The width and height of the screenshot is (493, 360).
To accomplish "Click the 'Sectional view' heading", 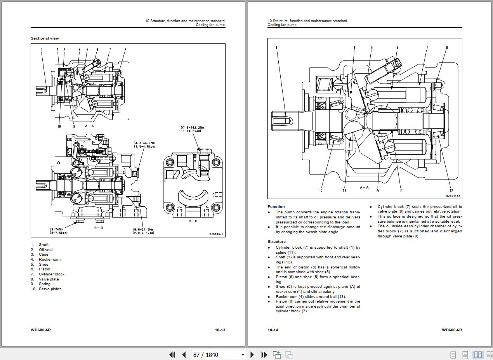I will (x=45, y=38).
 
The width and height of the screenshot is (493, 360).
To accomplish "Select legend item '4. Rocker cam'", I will (x=49, y=260).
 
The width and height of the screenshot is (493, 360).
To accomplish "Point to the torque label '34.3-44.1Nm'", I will (x=144, y=143).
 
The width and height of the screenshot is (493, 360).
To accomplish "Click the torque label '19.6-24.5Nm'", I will (x=143, y=229).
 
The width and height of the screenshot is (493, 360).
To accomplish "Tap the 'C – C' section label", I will (x=193, y=221).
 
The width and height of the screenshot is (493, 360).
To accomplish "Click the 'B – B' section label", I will (x=99, y=228).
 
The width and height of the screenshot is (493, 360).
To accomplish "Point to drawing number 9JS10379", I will (x=216, y=234).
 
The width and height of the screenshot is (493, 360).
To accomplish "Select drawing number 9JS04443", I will (x=453, y=196).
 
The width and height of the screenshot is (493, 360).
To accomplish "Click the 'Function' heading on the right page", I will (x=276, y=207).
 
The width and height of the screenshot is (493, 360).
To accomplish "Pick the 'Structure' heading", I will (x=276, y=242).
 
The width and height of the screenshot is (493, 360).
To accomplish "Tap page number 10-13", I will (x=220, y=330).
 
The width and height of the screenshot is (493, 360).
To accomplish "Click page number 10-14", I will (x=273, y=330).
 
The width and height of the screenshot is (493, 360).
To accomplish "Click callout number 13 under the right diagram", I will (x=344, y=190).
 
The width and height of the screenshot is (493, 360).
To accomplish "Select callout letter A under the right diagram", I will (x=377, y=190).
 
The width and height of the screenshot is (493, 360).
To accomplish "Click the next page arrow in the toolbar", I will (x=252, y=355).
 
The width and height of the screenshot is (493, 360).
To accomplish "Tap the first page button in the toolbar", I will (x=172, y=355).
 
